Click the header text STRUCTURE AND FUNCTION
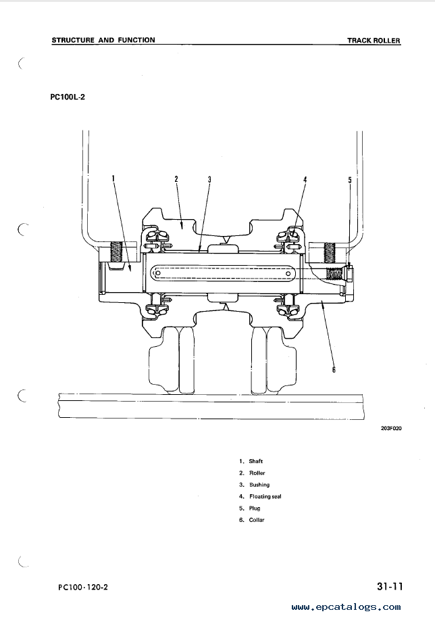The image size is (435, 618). point(103,40)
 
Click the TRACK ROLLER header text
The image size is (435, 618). point(374,40)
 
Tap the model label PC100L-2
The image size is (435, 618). point(68,97)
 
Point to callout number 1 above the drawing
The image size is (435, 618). point(113,178)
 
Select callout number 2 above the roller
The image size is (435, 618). point(176,179)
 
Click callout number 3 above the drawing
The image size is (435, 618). point(209,179)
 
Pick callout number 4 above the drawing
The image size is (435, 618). point(305,180)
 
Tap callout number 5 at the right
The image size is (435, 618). point(350,180)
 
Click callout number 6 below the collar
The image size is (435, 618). point(334,369)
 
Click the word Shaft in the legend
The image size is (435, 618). point(256,461)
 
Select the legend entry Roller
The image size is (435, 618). point(257,473)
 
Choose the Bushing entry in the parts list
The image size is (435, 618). point(259,485)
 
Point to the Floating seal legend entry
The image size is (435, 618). point(265,496)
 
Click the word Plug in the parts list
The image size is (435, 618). point(255,508)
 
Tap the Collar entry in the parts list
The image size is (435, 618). point(257,520)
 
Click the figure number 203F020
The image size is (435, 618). point(391,429)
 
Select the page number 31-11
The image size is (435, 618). point(390,586)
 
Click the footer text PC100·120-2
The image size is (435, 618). point(83,588)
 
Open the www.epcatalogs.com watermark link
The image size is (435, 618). point(346,607)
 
